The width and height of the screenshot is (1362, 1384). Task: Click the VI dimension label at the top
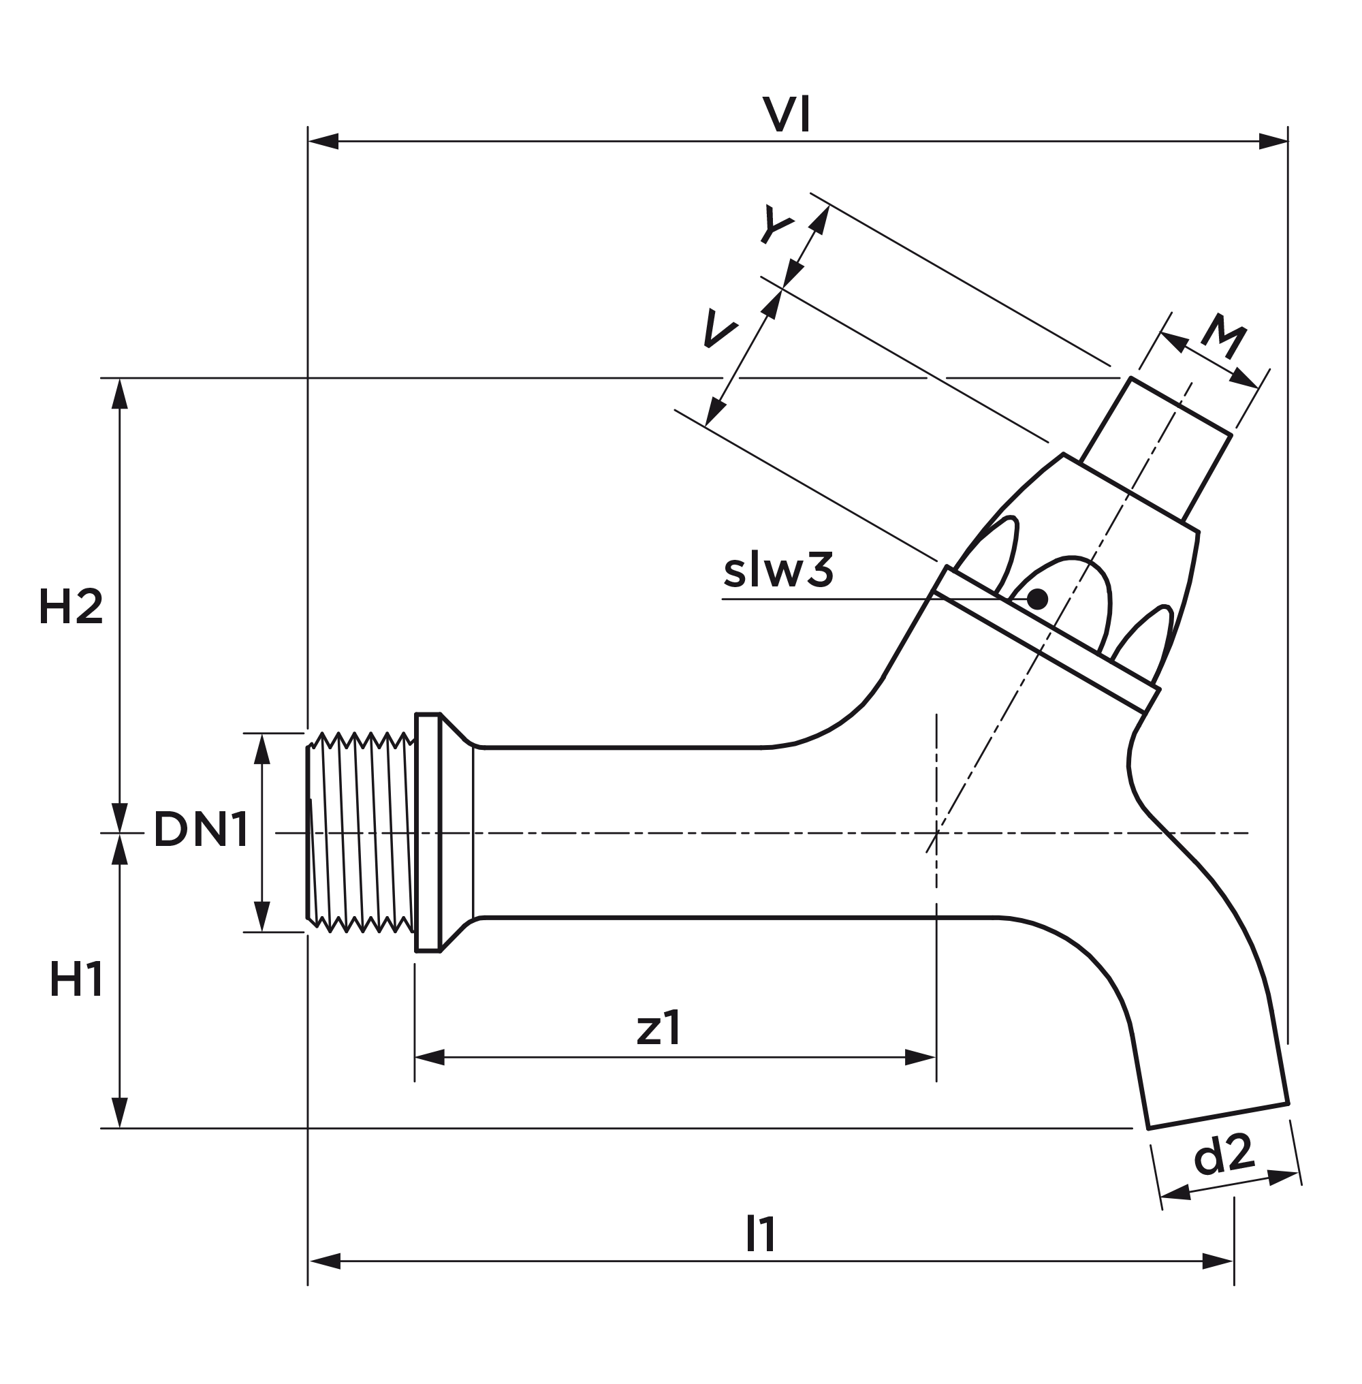(x=786, y=115)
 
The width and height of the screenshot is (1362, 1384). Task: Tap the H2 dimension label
(x=71, y=607)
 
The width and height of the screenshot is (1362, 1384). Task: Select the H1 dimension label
(x=76, y=979)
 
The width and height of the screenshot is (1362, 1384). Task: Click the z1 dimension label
(x=659, y=1028)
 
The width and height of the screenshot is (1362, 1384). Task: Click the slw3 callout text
(x=778, y=571)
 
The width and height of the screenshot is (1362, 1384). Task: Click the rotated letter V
(x=719, y=329)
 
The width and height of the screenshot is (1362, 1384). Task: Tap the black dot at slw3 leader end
(x=1036, y=599)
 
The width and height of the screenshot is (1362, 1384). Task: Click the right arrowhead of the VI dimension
(x=1273, y=141)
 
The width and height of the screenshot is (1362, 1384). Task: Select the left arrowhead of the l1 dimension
(x=325, y=1261)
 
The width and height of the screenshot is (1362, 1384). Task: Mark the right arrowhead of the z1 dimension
(x=920, y=1058)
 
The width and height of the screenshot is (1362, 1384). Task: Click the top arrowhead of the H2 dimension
(x=119, y=393)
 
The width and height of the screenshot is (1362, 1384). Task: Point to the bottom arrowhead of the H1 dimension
(x=119, y=1113)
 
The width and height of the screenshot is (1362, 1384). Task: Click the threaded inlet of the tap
(x=361, y=832)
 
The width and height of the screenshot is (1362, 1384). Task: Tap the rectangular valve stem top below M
(x=1156, y=450)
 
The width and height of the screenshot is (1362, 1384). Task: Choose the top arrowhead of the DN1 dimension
(x=262, y=749)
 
